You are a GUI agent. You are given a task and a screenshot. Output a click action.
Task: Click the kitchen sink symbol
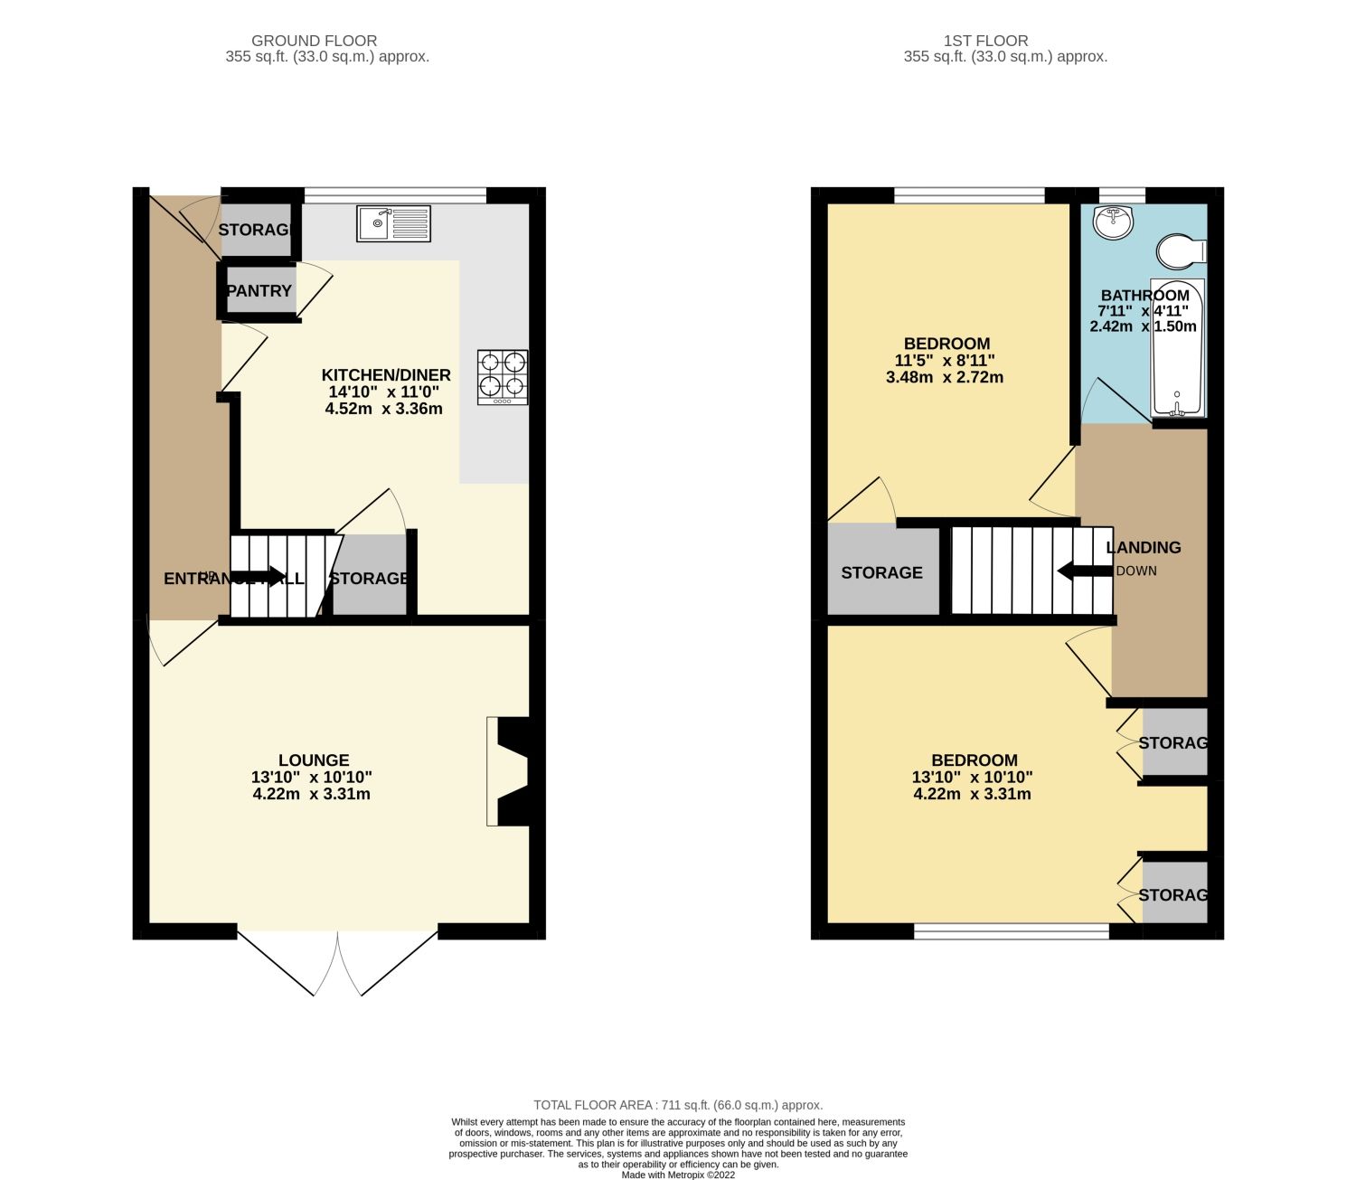tap(393, 223)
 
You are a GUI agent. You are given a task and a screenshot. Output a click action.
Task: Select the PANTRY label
tap(259, 291)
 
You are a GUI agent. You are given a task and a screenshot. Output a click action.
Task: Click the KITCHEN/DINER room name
tap(386, 375)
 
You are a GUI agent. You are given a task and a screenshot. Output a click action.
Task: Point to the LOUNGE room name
tap(314, 760)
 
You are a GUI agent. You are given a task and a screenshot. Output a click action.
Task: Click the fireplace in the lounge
tap(508, 771)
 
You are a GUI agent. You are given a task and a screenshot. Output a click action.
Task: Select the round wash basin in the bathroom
tap(1113, 222)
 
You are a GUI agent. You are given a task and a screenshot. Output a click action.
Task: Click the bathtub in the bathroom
tap(1177, 348)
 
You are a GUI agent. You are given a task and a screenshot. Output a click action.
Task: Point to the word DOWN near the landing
tap(1136, 571)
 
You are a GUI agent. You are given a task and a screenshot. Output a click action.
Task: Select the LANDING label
tap(1144, 547)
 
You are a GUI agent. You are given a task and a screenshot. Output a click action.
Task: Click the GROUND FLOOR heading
tap(314, 41)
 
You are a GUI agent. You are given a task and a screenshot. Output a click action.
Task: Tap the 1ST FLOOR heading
tap(985, 41)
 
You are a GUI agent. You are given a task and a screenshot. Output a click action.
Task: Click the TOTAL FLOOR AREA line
tap(678, 1105)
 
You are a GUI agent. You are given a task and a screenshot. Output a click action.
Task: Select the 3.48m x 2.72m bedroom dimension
tap(945, 377)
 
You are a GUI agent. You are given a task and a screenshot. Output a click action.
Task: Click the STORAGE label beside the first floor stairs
tap(881, 572)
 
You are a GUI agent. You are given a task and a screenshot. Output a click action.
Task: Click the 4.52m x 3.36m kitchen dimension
tap(383, 409)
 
